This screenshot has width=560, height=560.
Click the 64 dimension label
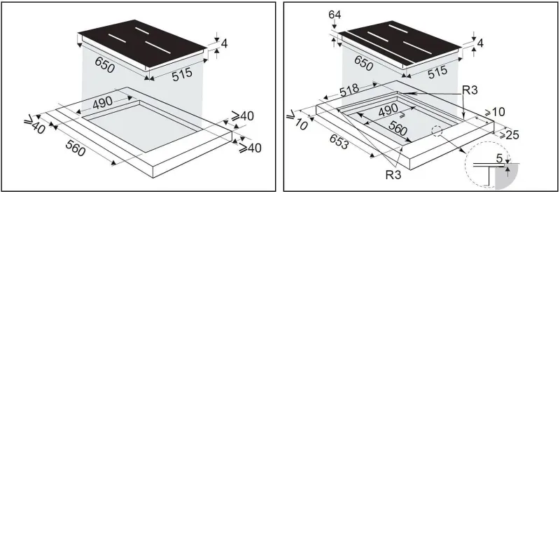point(335,15)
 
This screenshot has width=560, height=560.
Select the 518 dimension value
point(349,90)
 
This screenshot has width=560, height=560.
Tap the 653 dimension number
point(339,142)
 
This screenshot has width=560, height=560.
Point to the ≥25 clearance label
point(509,134)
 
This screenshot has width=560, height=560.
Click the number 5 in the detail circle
point(499,158)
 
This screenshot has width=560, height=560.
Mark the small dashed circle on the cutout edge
point(437,131)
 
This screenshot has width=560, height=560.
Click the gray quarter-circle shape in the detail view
point(505,177)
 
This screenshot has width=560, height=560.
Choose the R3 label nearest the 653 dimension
point(393,174)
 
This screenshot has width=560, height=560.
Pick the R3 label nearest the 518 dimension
point(470,90)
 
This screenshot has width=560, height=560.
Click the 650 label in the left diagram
point(104,65)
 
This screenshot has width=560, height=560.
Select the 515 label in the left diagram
point(182,74)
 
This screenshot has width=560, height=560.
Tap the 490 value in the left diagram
point(102,102)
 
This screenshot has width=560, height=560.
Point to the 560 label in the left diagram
point(76,148)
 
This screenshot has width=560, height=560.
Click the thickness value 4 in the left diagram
point(224,43)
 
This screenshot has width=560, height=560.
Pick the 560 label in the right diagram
point(398,128)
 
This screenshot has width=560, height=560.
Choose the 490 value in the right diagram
point(388,110)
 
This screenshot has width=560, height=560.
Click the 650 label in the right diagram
point(363,63)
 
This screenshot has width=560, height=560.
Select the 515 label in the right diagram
point(438,72)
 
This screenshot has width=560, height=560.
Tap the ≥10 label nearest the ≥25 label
point(495,112)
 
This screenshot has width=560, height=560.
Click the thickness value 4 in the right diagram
point(480,43)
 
